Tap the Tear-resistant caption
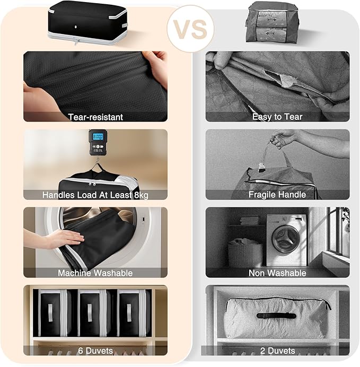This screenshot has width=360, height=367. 95,117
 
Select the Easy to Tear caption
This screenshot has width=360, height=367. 277,117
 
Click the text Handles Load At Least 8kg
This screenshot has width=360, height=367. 95,195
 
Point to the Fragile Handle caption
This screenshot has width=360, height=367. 277,195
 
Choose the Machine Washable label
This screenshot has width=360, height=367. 95,273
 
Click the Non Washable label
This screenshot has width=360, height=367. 277,273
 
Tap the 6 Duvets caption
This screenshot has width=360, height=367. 95,351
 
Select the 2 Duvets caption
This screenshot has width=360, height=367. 277,351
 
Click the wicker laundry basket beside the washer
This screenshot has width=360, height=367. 245,252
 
